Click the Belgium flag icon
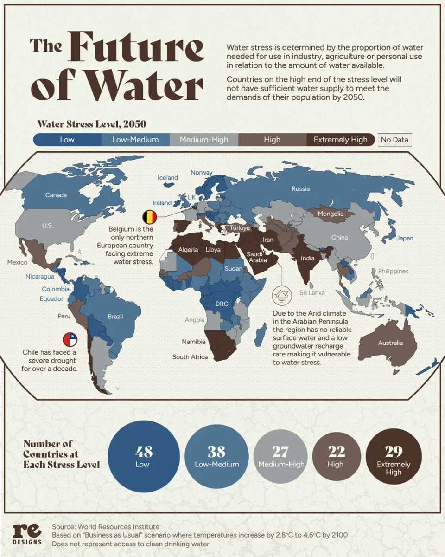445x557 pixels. (x=150, y=216)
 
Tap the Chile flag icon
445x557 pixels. (x=70, y=339)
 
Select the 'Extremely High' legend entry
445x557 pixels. (x=340, y=140)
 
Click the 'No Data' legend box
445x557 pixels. (x=394, y=140)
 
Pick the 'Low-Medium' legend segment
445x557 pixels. (x=135, y=140)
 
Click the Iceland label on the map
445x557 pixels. (x=167, y=177)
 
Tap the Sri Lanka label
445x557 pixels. (x=312, y=292)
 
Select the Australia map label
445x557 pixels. (x=390, y=343)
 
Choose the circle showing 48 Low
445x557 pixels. (x=143, y=456)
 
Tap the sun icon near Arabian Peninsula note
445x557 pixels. (x=281, y=295)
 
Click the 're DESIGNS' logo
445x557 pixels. (x=27, y=534)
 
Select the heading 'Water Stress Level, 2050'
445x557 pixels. (x=91, y=124)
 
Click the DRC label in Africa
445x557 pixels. (x=222, y=304)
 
